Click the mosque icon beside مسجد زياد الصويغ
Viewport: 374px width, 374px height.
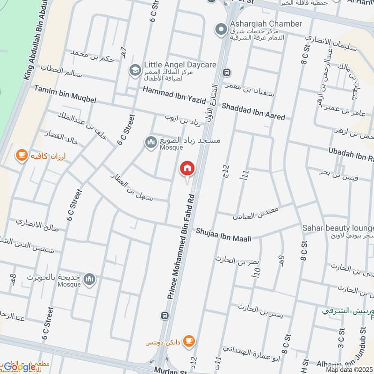(150, 143)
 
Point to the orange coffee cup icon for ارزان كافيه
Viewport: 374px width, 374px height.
(21, 155)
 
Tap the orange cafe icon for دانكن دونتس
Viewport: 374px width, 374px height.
(188, 340)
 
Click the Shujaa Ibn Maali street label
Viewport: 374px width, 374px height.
(223, 234)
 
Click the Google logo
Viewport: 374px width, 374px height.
(20, 367)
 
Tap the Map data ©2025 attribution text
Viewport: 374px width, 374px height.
(349, 369)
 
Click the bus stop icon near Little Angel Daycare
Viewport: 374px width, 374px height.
(227, 72)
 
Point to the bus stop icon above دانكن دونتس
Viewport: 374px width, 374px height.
(164, 316)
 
